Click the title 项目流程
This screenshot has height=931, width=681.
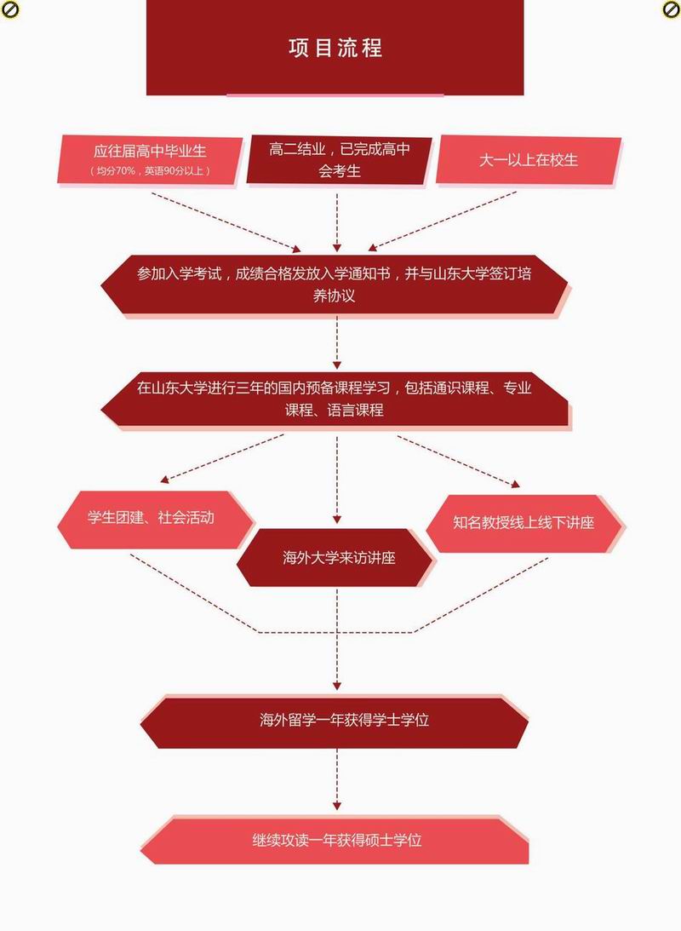(335, 48)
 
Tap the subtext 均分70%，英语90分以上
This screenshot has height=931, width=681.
(150, 171)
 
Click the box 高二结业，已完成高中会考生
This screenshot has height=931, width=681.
(339, 159)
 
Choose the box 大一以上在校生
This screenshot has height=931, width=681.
(528, 159)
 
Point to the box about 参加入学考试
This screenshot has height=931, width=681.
(334, 285)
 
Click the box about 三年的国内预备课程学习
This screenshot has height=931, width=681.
(334, 399)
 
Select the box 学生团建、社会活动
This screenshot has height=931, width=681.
(153, 518)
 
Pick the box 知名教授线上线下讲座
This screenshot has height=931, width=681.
(524, 522)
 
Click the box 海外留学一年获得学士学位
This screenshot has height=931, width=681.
(334, 720)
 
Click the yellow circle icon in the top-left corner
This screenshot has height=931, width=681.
(8, 9)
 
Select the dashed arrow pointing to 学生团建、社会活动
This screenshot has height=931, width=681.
(221, 457)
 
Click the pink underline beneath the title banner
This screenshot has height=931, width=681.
(335, 95)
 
